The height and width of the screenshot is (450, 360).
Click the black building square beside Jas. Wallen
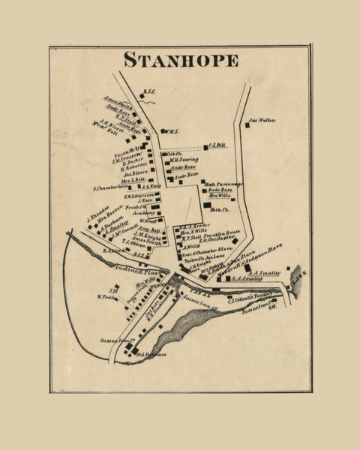tap(246, 124)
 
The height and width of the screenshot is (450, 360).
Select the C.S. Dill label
tap(217, 146)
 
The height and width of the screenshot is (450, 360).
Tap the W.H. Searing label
tap(183, 159)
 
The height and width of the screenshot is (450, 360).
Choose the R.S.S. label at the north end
tap(148, 93)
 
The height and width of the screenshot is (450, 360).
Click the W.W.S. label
tap(172, 132)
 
